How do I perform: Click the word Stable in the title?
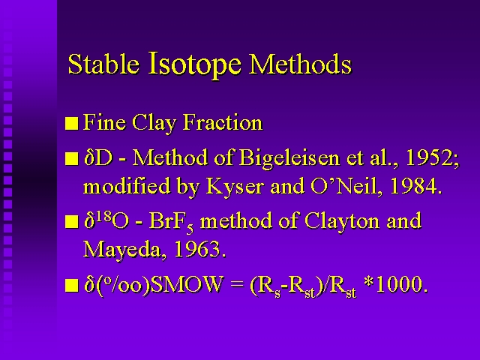[x=103, y=64]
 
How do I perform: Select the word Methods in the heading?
[x=300, y=64]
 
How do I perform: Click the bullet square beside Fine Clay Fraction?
[x=72, y=124]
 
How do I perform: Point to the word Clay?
[x=154, y=123]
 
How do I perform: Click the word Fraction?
[x=223, y=122]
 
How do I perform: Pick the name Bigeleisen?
[x=289, y=158]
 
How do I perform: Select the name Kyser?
[x=235, y=187]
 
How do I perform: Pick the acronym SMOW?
[x=186, y=284]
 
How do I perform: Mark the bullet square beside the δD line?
[x=72, y=159]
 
